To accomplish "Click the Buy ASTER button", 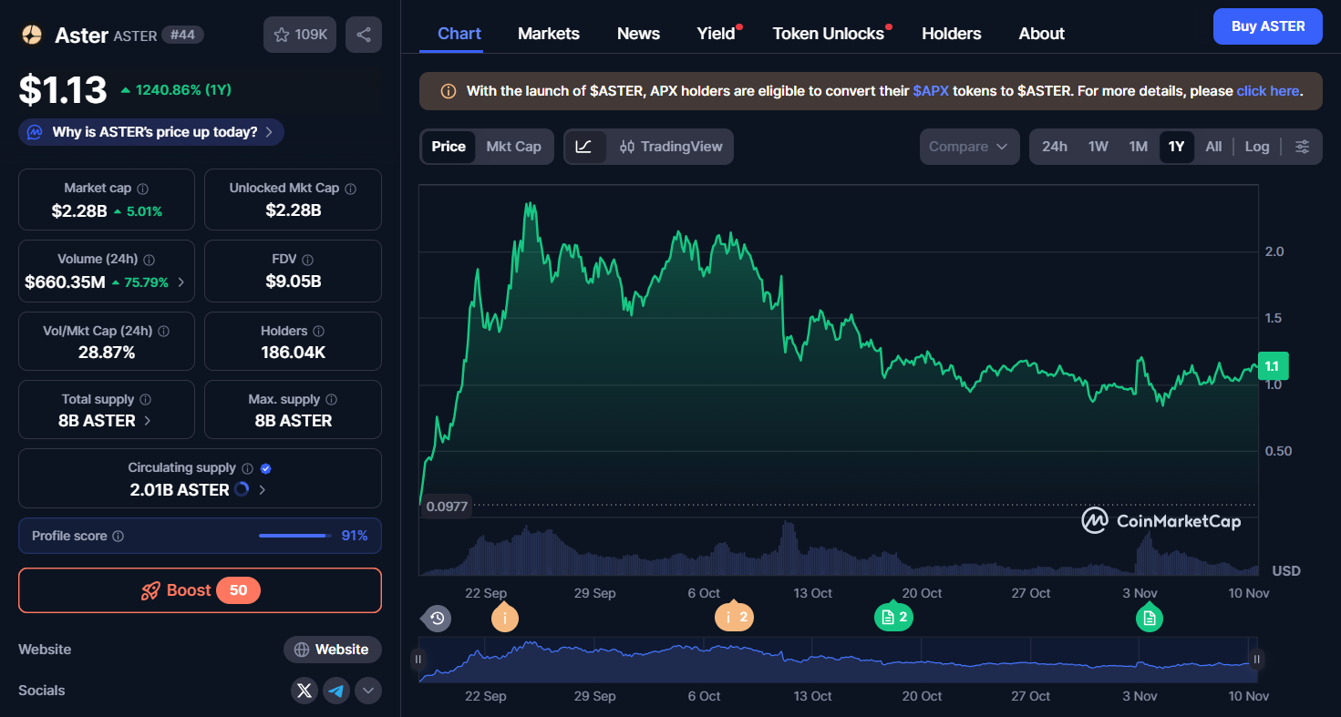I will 1267,26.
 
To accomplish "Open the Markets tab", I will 548,34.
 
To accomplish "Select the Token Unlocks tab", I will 828,34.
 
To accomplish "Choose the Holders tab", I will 951,34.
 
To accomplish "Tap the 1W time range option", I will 1098,147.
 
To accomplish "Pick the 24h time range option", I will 1054,147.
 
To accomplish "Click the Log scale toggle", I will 1256,147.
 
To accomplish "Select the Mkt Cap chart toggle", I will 513,147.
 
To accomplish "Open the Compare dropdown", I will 968,147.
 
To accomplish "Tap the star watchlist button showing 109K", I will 300,35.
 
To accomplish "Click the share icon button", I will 364,35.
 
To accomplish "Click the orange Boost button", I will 200,590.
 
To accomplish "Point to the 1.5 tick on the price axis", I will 1273,318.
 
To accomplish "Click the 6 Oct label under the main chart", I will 703,593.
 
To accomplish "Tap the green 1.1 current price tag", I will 1272,366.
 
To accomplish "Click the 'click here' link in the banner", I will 1267,91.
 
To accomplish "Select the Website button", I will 332,650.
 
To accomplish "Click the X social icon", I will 304,691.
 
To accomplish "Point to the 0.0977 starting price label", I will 446,507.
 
